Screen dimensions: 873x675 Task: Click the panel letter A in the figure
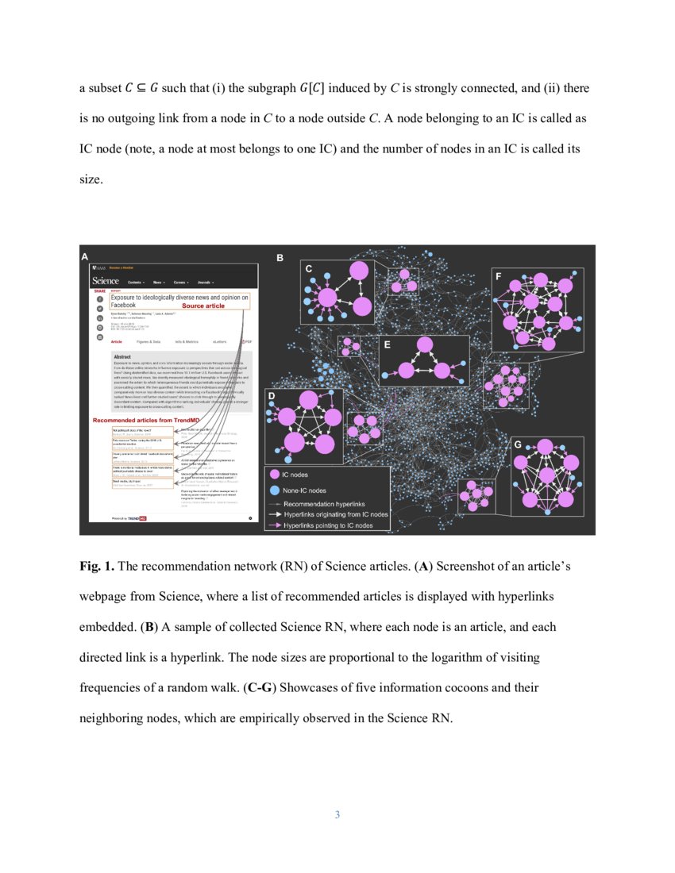click(x=85, y=256)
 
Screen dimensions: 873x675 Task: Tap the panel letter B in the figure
click(x=280, y=258)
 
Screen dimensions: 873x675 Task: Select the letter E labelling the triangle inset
click(x=387, y=345)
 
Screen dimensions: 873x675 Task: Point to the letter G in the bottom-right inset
click(x=518, y=444)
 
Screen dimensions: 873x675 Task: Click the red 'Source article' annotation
click(x=203, y=306)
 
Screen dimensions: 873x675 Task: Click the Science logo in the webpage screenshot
click(x=106, y=281)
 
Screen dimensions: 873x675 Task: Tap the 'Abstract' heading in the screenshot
click(x=123, y=357)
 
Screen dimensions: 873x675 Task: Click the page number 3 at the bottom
click(x=337, y=815)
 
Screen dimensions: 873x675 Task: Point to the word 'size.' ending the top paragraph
click(x=91, y=179)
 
